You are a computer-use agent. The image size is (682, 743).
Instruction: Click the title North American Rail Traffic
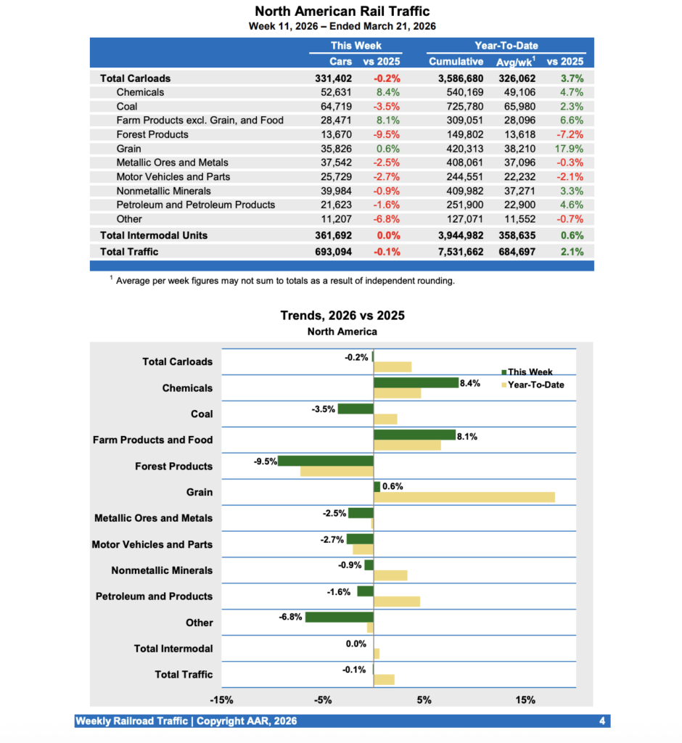(x=342, y=12)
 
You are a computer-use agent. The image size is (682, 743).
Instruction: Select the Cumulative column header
(x=456, y=62)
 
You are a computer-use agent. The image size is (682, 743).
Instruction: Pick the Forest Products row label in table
(x=152, y=134)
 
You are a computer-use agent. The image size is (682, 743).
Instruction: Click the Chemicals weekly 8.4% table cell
(x=387, y=92)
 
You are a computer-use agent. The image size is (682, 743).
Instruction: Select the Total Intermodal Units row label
(x=153, y=235)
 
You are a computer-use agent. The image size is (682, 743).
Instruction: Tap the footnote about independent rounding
(x=285, y=281)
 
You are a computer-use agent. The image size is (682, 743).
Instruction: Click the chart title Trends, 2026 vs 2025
(x=342, y=316)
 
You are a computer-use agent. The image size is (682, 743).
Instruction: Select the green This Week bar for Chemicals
(x=416, y=382)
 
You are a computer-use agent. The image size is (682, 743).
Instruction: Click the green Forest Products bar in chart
(x=326, y=461)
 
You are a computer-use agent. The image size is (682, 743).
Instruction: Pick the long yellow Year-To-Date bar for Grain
(x=464, y=497)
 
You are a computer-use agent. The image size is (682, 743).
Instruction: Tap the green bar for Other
(x=340, y=617)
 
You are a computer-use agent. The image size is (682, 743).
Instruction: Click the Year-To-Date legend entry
(x=535, y=385)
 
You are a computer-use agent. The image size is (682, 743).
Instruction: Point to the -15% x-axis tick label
(x=221, y=700)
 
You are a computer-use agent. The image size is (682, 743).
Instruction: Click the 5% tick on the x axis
(x=424, y=700)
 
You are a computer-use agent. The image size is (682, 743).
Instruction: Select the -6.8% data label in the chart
(x=290, y=617)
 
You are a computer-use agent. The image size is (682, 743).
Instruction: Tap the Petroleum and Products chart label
(x=154, y=596)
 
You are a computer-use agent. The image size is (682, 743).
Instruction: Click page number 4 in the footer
(x=602, y=721)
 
